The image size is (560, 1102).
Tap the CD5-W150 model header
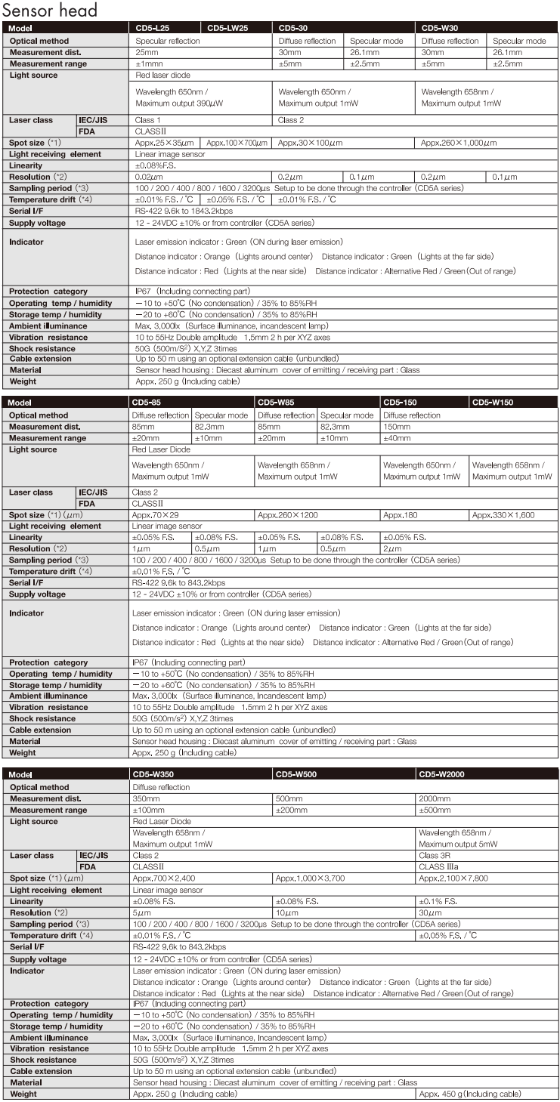coord(493,403)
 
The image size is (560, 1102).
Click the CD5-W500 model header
coord(299,775)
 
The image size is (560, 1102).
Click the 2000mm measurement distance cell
coord(434,798)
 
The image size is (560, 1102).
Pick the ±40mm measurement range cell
coord(395,437)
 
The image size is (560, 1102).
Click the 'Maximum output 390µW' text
coord(182,103)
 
